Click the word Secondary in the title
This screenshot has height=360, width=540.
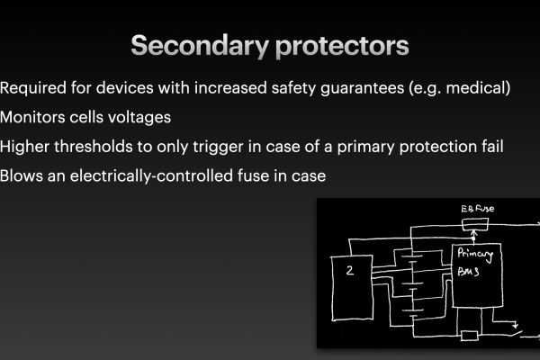(x=200, y=46)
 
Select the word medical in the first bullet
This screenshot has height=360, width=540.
(x=478, y=87)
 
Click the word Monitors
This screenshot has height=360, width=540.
(x=32, y=117)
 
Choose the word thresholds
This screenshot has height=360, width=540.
(x=93, y=147)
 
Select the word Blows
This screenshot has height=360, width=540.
(x=22, y=175)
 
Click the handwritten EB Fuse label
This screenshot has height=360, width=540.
(x=477, y=209)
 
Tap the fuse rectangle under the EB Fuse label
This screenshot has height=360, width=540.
(x=475, y=225)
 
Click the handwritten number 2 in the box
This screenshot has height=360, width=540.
(x=350, y=270)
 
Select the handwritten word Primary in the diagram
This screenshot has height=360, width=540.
(x=475, y=255)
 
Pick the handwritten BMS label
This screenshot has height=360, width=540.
(x=468, y=272)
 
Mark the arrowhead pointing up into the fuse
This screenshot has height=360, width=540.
(x=474, y=232)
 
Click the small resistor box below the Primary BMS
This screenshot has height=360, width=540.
(x=470, y=335)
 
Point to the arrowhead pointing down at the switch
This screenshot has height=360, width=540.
(x=515, y=325)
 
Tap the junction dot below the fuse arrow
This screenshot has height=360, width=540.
(x=473, y=238)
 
